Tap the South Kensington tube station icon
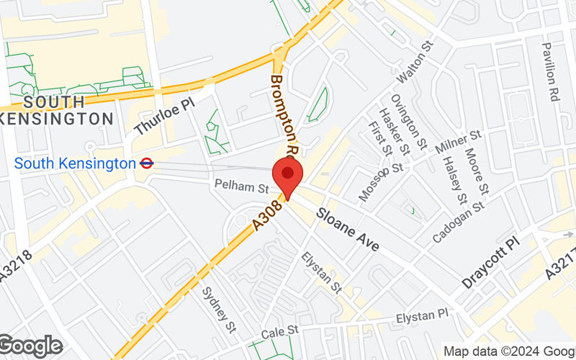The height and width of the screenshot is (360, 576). coord(146,163)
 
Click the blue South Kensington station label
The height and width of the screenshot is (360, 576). coord(75,163)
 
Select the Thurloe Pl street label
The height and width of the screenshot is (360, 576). coord(165,117)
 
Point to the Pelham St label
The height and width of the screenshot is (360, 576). coord(240,186)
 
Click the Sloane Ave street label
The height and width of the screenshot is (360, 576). coord(348,230)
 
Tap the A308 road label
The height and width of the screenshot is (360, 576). coord(269,217)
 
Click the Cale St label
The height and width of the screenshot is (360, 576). coord(280,330)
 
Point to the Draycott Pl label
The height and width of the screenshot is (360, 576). coord(490,264)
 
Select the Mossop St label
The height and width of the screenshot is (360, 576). coord(382,180)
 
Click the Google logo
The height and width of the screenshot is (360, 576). coord(31,346)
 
